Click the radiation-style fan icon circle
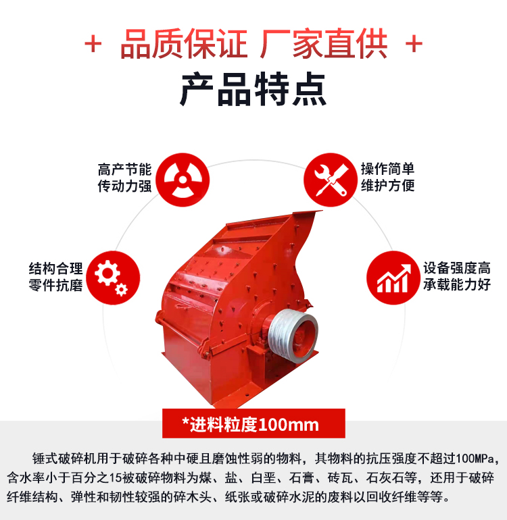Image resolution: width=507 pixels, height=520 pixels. click(183, 180)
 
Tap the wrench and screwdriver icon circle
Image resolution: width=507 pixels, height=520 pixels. click(331, 180)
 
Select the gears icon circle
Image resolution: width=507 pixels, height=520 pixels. click(113, 278)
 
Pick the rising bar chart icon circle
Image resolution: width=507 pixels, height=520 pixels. click(393, 278)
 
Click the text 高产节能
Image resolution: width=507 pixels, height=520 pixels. click(124, 170)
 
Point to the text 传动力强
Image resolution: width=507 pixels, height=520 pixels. click(124, 186)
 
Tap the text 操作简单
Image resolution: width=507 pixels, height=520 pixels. click(388, 169)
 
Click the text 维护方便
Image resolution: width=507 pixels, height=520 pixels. click(388, 185)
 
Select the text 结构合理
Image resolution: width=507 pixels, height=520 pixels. click(56, 268)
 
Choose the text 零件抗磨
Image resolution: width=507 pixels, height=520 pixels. click(56, 285)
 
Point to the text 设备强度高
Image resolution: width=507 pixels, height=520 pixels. click(457, 268)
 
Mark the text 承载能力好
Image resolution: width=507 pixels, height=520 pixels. click(457, 284)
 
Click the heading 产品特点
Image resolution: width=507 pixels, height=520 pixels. click(254, 89)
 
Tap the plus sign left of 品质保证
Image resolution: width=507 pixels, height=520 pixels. click(93, 44)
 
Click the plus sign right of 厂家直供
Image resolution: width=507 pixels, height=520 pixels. click(414, 44)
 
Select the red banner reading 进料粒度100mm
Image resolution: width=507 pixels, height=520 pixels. click(254, 423)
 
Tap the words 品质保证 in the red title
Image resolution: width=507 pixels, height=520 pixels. click(184, 44)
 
